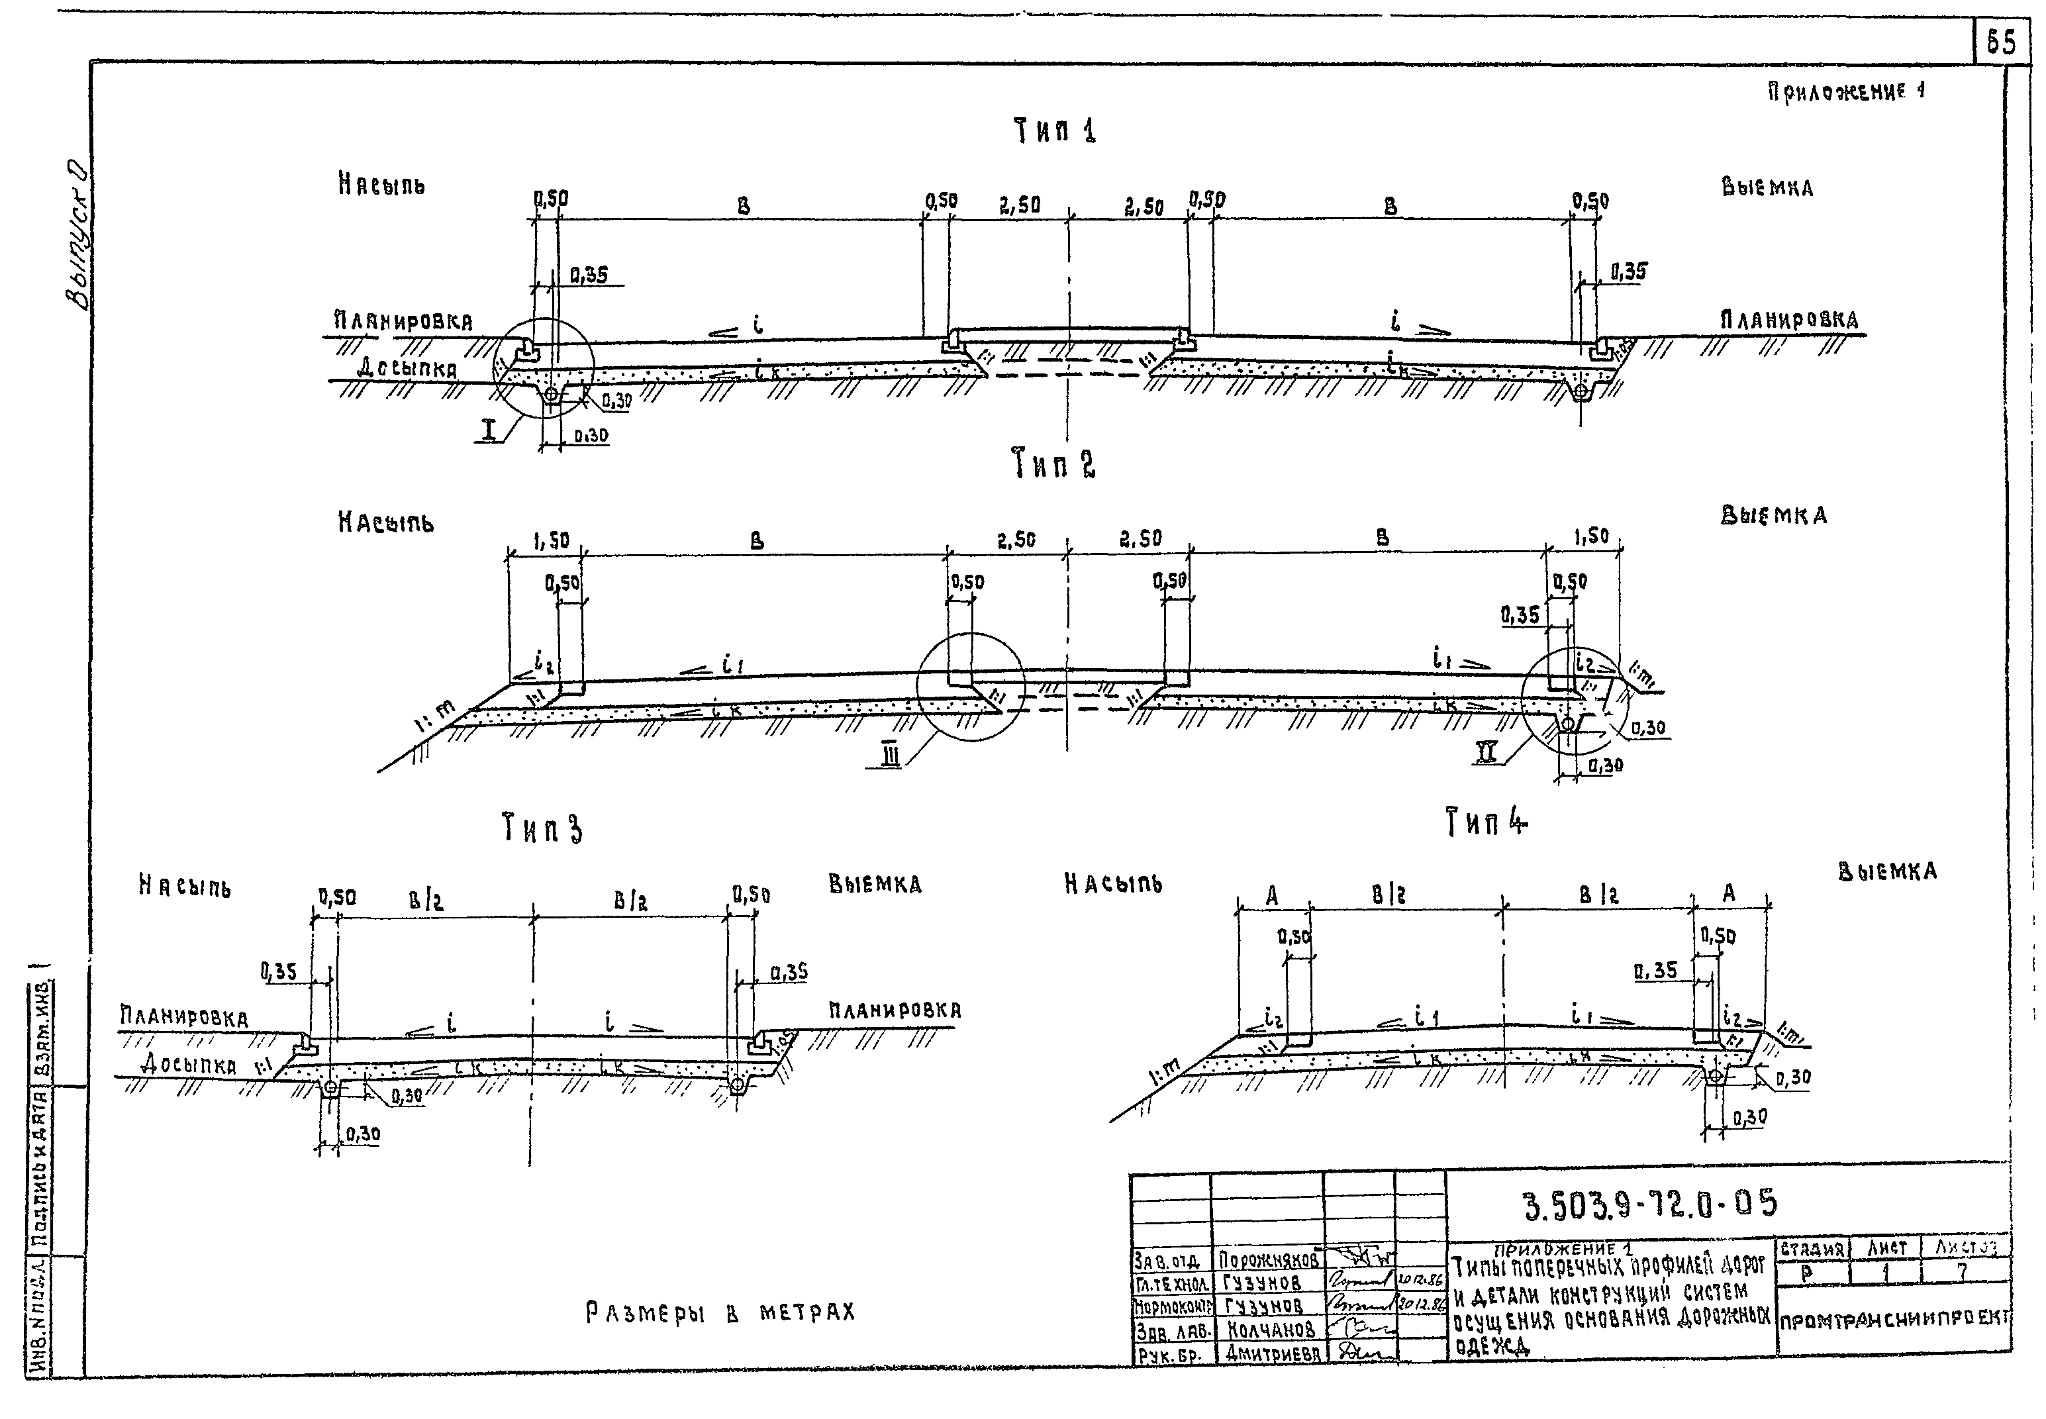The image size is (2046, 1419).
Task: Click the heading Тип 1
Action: [x=1055, y=132]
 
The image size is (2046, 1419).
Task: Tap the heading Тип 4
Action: [x=1486, y=822]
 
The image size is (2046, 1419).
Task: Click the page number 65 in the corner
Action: [x=2001, y=42]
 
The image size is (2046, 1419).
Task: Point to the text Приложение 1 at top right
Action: [x=1846, y=91]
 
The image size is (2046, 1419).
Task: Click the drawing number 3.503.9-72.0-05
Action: [x=1650, y=1204]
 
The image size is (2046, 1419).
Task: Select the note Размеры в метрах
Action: [x=720, y=1312]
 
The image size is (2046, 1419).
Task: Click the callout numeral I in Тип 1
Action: [x=488, y=432]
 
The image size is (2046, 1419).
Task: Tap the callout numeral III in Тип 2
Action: [x=890, y=755]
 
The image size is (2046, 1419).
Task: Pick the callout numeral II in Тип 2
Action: [x=1486, y=753]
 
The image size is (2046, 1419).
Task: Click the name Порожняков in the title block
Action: [x=1268, y=1260]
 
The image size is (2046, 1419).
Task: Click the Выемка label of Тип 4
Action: [x=1887, y=871]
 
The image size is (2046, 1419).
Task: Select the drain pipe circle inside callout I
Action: [x=552, y=393]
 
